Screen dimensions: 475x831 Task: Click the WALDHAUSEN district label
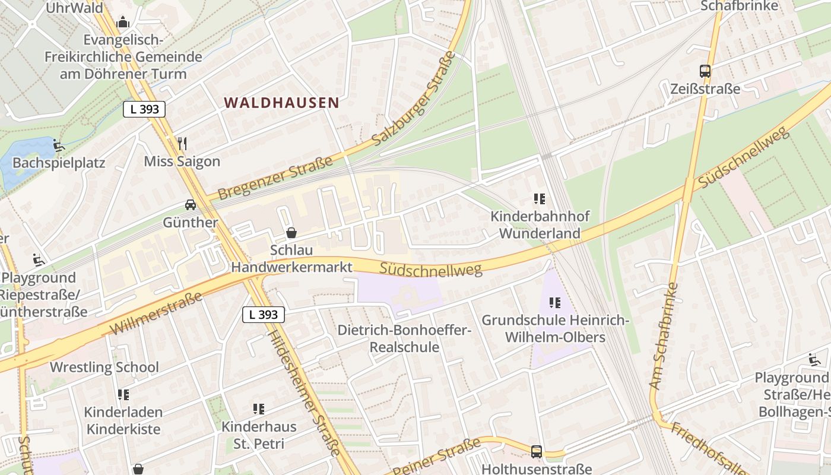pyautogui.click(x=281, y=103)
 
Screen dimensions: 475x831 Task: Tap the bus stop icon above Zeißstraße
pyautogui.click(x=705, y=71)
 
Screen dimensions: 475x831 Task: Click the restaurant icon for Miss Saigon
pyautogui.click(x=182, y=143)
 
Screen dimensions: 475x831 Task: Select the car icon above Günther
pyautogui.click(x=191, y=205)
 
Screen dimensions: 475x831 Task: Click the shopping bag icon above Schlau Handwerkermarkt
pyautogui.click(x=291, y=233)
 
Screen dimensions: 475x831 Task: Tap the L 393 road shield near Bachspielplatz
pyautogui.click(x=144, y=109)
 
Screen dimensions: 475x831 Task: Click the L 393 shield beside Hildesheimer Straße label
pyautogui.click(x=264, y=315)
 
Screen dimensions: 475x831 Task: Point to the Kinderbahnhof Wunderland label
pyautogui.click(x=540, y=224)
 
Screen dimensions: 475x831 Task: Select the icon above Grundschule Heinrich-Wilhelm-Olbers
pyautogui.click(x=555, y=303)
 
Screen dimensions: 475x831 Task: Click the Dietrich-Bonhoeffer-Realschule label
pyautogui.click(x=404, y=338)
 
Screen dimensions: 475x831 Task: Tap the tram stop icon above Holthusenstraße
pyautogui.click(x=536, y=451)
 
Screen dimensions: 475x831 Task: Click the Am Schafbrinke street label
pyautogui.click(x=664, y=337)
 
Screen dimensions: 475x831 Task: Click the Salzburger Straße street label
pyautogui.click(x=414, y=99)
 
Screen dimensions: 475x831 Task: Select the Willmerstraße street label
pyautogui.click(x=156, y=313)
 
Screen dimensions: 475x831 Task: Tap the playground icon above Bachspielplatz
pyautogui.click(x=58, y=145)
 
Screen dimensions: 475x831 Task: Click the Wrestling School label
pyautogui.click(x=104, y=367)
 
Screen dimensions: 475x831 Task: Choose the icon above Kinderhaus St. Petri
pyautogui.click(x=258, y=408)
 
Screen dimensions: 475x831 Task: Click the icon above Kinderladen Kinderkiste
pyautogui.click(x=123, y=394)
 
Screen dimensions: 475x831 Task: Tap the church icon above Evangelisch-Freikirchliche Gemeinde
pyautogui.click(x=123, y=23)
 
